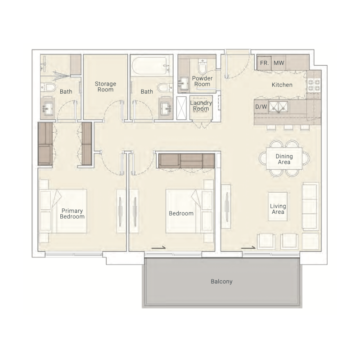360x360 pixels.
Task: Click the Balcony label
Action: [221, 282]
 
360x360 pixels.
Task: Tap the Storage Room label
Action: [105, 86]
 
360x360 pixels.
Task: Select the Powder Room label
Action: [202, 81]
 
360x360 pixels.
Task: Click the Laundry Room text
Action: [201, 106]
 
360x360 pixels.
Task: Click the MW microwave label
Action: [279, 63]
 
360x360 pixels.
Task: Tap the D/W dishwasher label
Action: [261, 107]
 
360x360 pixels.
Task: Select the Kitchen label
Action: [282, 85]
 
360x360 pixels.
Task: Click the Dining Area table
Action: [284, 159]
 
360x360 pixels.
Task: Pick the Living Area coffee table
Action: [278, 206]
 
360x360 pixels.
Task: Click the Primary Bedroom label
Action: [72, 213]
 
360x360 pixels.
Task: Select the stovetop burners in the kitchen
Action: [314, 85]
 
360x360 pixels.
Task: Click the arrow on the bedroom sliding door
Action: [157, 247]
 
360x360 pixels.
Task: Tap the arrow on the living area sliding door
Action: [248, 247]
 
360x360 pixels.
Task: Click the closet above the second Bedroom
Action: [186, 161]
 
